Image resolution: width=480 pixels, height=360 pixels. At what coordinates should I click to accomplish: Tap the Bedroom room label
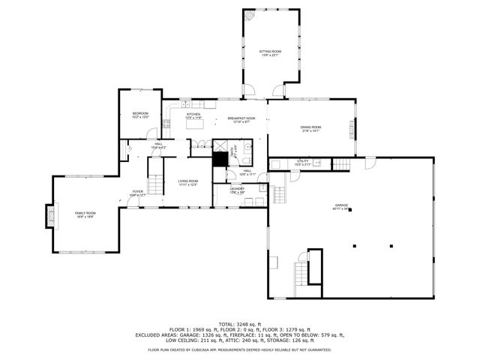[x=140, y=115]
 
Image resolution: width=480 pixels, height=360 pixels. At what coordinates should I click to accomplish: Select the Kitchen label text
[x=193, y=116]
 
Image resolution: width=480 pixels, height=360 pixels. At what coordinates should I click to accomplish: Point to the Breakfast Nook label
[x=241, y=120]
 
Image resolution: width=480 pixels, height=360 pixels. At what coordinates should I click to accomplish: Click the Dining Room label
[x=310, y=129]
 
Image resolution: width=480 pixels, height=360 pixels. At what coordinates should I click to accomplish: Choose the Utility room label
[x=303, y=162]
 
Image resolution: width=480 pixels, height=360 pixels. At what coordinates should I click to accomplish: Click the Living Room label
[x=187, y=182]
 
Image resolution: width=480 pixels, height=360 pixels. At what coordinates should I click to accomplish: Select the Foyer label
[x=138, y=193]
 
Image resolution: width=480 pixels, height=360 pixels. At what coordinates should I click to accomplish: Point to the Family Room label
[x=85, y=214]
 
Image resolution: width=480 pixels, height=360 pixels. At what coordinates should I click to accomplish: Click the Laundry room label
[x=237, y=190]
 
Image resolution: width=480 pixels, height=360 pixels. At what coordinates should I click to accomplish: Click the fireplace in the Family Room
[x=50, y=216]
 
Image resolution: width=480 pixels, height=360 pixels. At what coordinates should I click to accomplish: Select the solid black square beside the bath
[x=220, y=159]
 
